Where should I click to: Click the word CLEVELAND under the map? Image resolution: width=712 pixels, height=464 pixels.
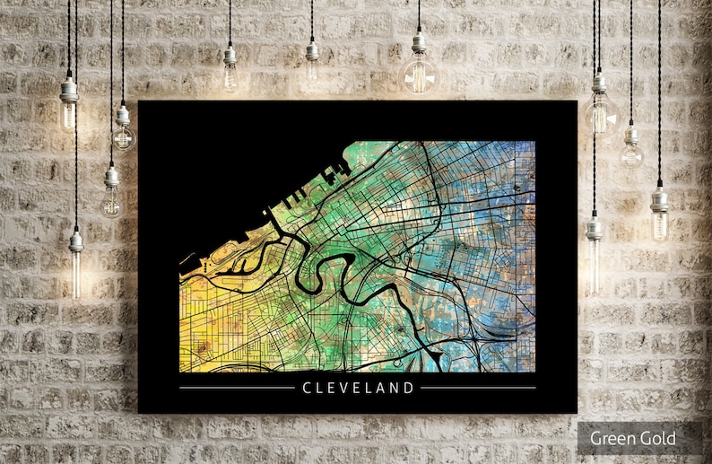click(359, 388)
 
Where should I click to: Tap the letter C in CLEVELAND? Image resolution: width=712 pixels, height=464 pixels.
click(307, 388)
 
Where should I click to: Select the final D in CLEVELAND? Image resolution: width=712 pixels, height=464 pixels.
click(410, 388)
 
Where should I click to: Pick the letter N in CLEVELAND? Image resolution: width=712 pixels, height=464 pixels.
click(395, 388)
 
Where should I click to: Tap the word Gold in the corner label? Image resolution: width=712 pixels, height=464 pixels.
click(656, 439)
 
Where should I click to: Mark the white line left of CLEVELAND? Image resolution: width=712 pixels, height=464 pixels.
click(237, 388)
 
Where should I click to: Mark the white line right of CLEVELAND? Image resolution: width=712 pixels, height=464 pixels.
click(478, 388)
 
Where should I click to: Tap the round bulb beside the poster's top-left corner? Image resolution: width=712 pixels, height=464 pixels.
click(123, 135)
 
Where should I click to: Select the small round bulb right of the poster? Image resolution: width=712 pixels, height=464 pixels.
click(631, 153)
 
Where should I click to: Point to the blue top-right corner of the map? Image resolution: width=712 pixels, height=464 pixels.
click(525, 153)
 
